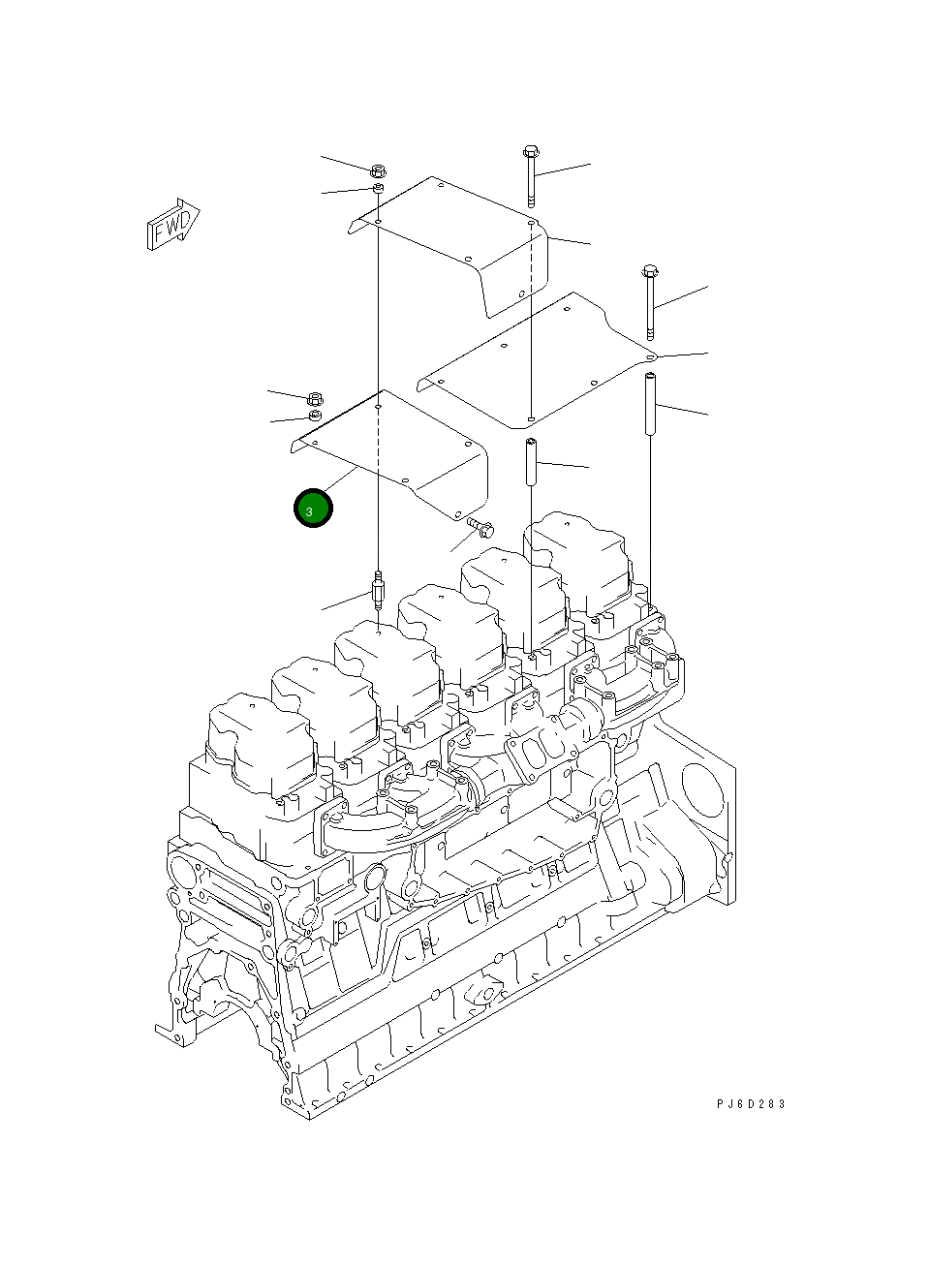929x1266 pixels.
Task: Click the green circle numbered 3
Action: click(313, 509)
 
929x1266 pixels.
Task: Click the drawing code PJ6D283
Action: click(751, 1103)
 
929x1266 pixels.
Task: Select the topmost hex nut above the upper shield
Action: click(380, 170)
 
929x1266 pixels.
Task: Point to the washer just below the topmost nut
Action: click(380, 188)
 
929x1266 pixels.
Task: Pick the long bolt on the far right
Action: click(649, 300)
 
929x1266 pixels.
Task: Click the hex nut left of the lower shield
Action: click(314, 398)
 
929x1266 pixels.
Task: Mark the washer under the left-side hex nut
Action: click(314, 417)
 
